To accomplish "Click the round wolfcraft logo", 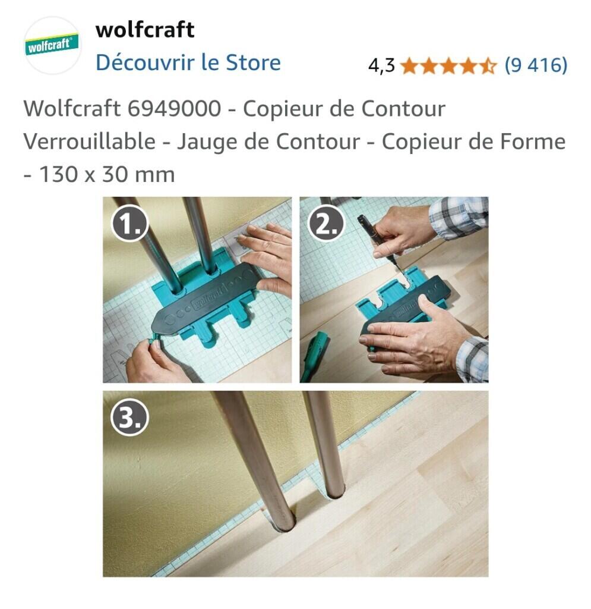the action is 52,45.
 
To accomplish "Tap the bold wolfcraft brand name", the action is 145,30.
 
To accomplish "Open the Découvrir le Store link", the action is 188,62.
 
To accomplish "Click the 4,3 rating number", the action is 381,65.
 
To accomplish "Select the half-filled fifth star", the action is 488,65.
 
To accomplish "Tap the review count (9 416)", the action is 536,65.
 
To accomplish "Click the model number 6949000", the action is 174,108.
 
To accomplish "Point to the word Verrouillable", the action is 90,142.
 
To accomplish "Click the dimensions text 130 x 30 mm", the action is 107,174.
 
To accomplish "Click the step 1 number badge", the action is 129,224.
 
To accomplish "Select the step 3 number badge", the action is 129,418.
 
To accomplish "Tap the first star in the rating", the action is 410,65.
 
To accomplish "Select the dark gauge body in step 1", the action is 206,299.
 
